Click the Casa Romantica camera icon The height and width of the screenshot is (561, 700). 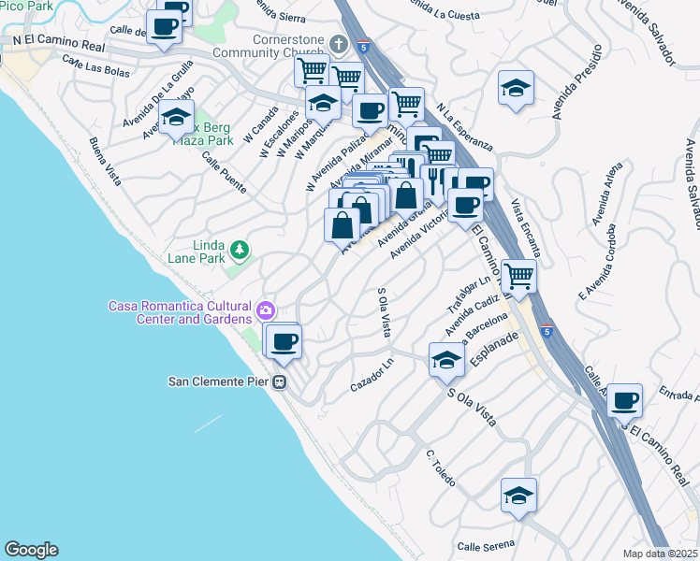(266, 309)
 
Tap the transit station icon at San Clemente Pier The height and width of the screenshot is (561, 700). (279, 381)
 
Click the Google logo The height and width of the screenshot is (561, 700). (31, 550)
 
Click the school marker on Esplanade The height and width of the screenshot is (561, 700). (447, 359)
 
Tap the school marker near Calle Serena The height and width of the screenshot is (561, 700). (518, 495)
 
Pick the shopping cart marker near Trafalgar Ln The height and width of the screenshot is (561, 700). (518, 275)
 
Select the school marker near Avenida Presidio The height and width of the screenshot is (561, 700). (515, 88)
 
